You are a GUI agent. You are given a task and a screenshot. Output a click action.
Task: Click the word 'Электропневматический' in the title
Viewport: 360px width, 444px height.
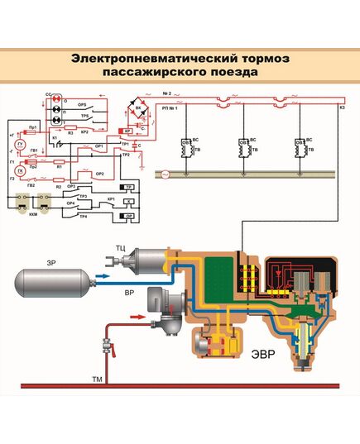(142, 59)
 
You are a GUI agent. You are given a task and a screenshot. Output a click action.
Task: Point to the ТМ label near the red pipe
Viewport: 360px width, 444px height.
(98, 376)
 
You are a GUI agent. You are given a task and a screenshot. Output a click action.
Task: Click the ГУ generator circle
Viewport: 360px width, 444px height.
(22, 144)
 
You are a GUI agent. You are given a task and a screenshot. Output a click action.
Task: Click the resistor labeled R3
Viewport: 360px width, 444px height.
(71, 131)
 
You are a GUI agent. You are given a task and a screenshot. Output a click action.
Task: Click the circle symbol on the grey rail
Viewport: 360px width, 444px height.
(163, 174)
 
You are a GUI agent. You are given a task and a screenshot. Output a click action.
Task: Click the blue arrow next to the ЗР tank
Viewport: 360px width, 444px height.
(104, 277)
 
